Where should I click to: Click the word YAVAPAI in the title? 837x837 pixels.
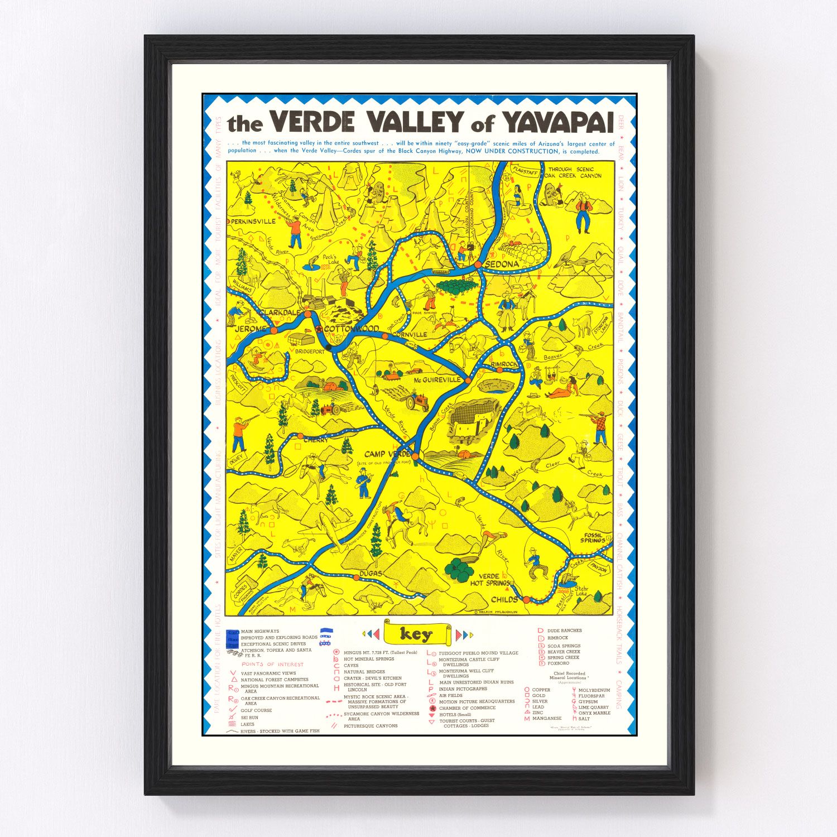pos(558,123)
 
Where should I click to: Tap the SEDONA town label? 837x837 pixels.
pos(502,264)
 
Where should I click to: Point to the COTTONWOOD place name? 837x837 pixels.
pos(351,329)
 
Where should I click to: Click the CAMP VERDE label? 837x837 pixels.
pos(387,454)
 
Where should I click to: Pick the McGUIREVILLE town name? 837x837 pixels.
pos(437,380)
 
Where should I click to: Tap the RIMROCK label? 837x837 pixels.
pos(504,364)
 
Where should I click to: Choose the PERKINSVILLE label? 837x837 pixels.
pos(253,222)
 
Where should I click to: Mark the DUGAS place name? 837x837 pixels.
pos(371,574)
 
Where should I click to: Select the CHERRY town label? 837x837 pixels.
pos(316,440)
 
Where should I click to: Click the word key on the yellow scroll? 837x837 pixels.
pos(416,634)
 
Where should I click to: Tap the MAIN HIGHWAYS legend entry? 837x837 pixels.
pos(260,632)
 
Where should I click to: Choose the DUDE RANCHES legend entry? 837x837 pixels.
pos(564,631)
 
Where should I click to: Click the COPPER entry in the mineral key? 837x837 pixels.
pos(541,690)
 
